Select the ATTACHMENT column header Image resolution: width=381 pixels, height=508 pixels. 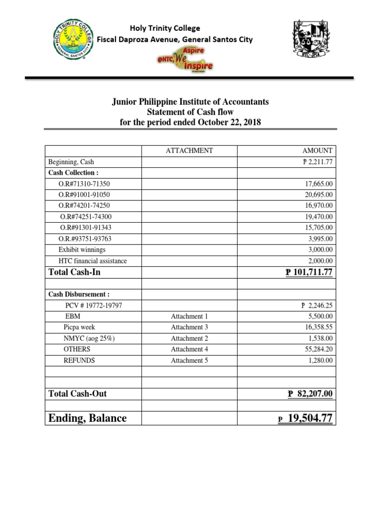[189, 151]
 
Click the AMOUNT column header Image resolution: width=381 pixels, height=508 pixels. [320, 151]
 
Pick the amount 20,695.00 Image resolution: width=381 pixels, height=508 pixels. [319, 195]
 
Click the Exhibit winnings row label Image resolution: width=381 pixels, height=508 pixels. [82, 250]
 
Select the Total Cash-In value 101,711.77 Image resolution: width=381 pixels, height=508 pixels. [309, 272]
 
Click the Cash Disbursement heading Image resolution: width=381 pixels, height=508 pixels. [72, 294]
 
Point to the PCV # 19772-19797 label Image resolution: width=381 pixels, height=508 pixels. [94, 306]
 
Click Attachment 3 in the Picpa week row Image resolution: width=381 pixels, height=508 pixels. [190, 327]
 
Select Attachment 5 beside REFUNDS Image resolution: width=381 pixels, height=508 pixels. [190, 361]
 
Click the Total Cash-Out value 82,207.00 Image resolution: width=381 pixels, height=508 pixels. [310, 394]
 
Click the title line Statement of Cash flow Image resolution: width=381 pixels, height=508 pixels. [190, 112]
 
